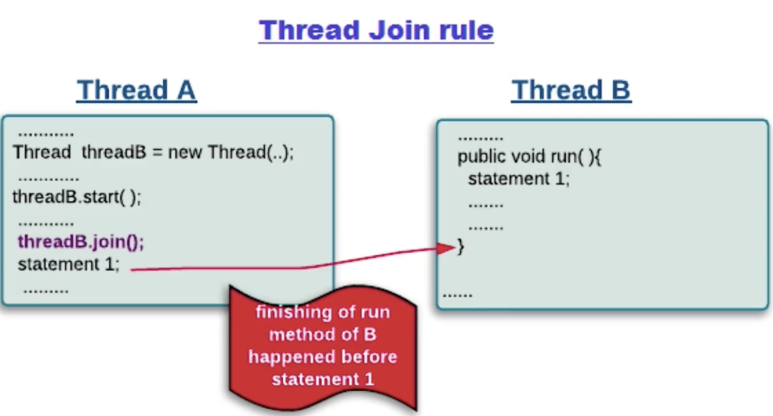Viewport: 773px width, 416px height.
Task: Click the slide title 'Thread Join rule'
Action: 376,30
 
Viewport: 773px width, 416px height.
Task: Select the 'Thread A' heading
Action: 137,90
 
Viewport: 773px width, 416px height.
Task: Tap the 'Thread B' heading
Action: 571,90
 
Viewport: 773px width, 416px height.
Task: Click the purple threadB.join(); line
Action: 81,242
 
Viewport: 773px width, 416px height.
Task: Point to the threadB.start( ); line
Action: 76,197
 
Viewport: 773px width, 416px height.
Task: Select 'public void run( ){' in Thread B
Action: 529,156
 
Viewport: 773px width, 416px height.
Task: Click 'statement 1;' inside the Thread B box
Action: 518,179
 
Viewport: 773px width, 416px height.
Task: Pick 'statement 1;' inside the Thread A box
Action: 68,264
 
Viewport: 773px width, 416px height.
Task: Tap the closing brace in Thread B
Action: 460,247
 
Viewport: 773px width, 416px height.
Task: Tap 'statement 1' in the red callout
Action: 323,379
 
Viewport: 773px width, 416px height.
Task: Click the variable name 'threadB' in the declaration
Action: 114,153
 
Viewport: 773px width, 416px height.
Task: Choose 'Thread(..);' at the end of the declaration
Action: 250,153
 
